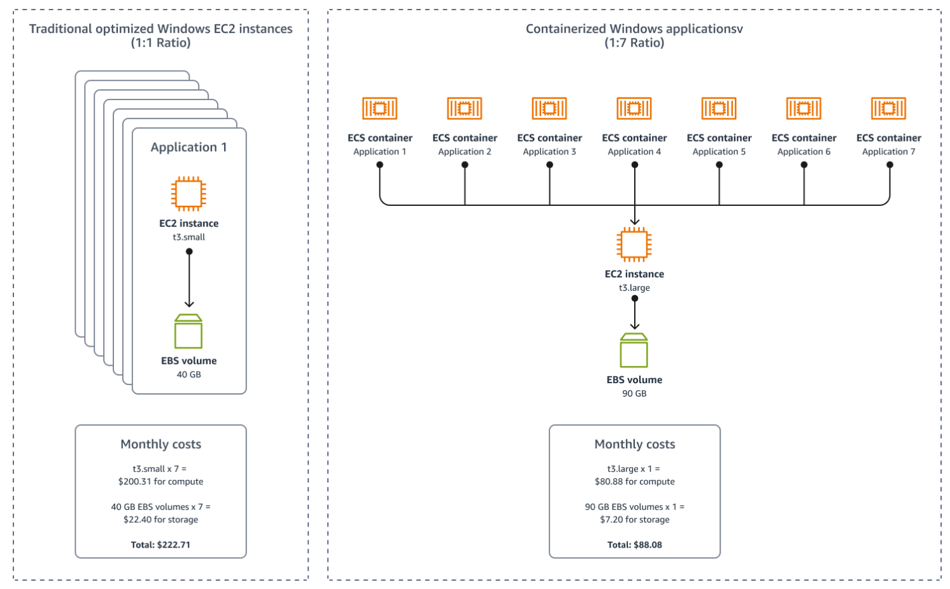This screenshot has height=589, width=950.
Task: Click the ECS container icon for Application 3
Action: coord(549,108)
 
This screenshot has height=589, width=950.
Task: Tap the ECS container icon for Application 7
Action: coord(888,108)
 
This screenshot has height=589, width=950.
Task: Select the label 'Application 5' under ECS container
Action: coord(719,152)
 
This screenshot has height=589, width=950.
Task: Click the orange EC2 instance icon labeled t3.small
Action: coord(188,194)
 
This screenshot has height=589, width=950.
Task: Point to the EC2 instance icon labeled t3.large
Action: coord(634,244)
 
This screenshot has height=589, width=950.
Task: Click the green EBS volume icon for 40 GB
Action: coord(188,331)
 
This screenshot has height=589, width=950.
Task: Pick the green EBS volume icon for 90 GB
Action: coord(634,351)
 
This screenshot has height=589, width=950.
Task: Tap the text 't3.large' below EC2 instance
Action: coord(634,287)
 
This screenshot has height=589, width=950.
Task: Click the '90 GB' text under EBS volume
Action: coord(634,393)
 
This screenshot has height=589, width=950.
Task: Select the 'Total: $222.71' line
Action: coord(160,544)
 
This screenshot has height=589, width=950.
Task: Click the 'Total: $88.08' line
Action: coord(634,544)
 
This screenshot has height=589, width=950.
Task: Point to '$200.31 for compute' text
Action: coord(160,481)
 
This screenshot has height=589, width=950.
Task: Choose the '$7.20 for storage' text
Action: coord(634,520)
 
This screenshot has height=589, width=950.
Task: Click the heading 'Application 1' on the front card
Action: coord(188,147)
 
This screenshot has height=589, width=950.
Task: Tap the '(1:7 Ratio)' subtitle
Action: coord(634,43)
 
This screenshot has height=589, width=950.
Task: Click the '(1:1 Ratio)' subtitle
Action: coord(160,43)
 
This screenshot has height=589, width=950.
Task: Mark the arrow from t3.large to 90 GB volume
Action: coord(635,314)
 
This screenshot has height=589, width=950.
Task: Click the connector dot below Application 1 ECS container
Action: coord(379,164)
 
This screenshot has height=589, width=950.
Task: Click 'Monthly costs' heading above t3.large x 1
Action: coord(634,444)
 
